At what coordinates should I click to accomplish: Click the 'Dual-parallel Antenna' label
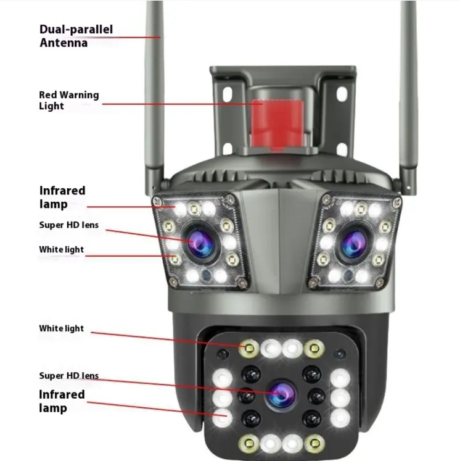(x=76, y=36)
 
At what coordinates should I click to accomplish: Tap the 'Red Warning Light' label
(x=68, y=100)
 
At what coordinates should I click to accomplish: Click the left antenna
(x=154, y=93)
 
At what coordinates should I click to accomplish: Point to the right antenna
(x=408, y=93)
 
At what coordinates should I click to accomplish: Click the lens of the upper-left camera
(x=201, y=241)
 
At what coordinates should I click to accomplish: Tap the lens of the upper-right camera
(x=353, y=242)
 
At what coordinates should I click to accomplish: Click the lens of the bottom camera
(x=279, y=392)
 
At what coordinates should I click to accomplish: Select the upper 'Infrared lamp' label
(x=62, y=197)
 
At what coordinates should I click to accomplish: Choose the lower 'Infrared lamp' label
(x=62, y=401)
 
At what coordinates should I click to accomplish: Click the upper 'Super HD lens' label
(x=68, y=225)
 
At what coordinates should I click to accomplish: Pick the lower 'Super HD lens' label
(x=68, y=375)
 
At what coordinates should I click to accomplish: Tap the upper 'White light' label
(x=61, y=250)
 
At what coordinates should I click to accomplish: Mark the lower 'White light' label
(x=61, y=328)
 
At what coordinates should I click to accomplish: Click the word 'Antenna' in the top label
(x=64, y=43)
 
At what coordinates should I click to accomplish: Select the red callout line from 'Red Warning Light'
(x=185, y=104)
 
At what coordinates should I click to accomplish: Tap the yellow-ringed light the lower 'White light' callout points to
(x=250, y=349)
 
